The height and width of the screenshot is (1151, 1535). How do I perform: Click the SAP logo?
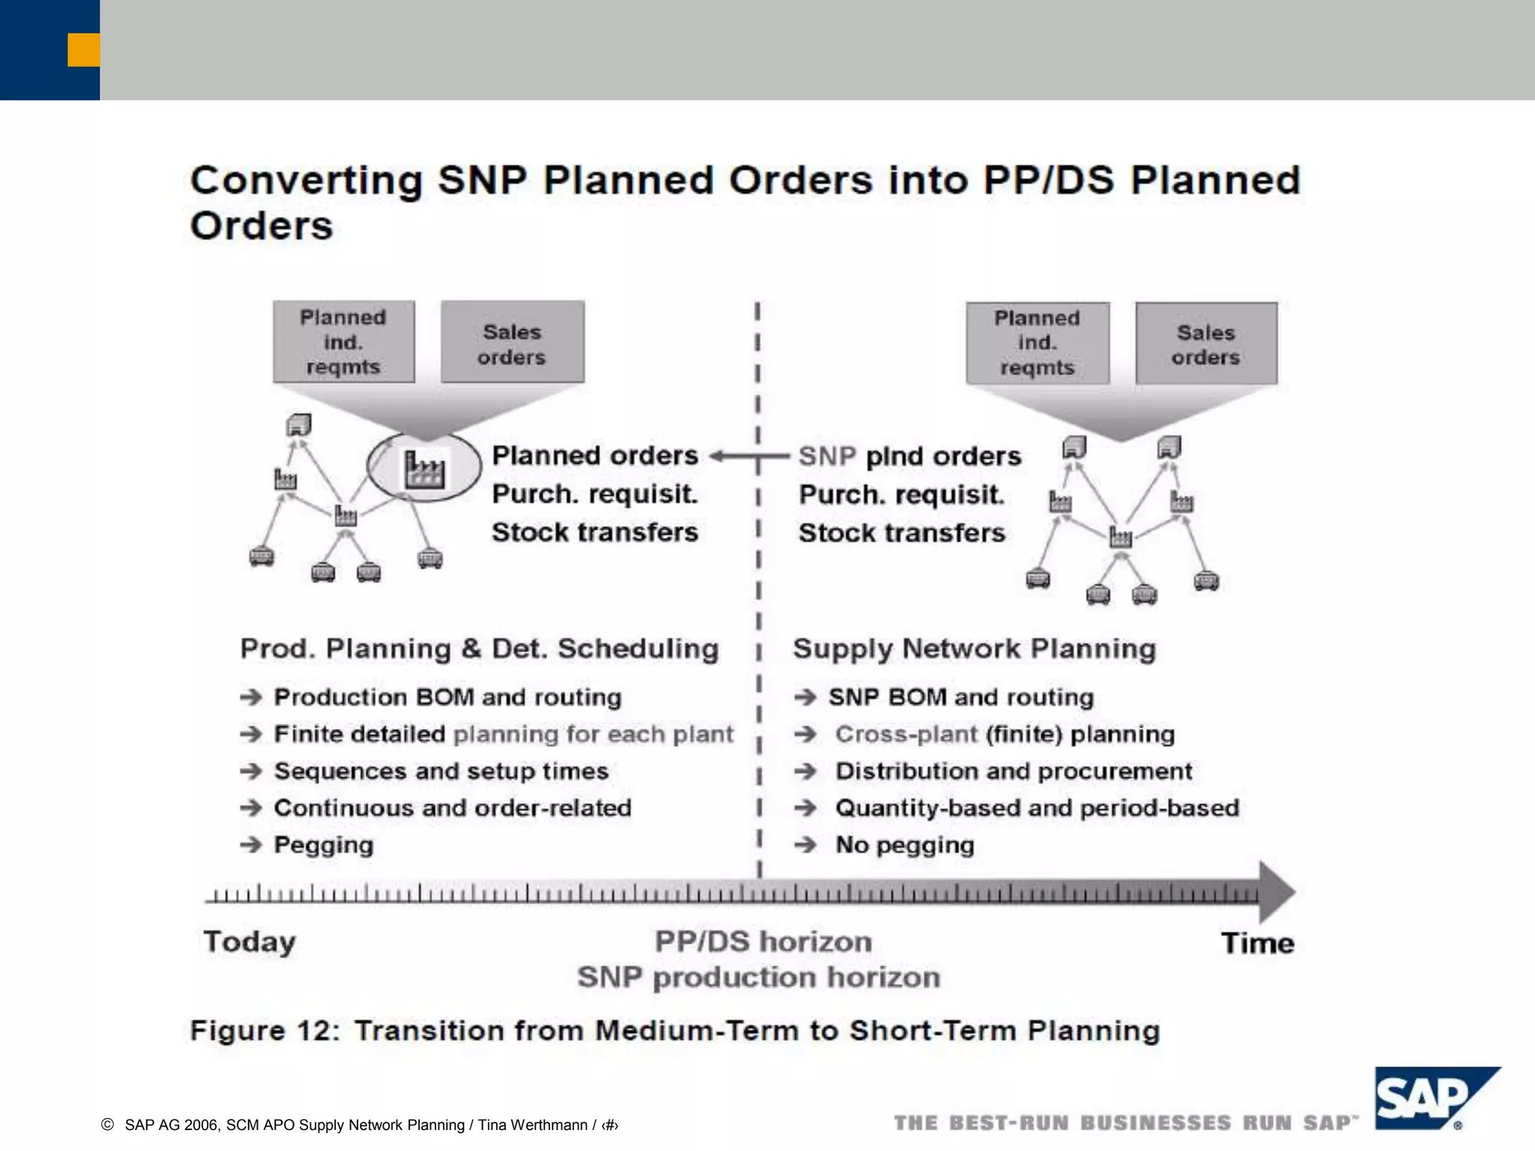(1428, 1099)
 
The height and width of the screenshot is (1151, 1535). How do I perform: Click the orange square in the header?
(83, 49)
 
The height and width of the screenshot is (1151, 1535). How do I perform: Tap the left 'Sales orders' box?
(512, 343)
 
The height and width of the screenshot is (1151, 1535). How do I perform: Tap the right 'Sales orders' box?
(1205, 344)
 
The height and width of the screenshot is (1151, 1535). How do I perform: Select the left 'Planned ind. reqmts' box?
(343, 342)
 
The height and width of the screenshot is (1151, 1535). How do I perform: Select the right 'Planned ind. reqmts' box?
(1037, 342)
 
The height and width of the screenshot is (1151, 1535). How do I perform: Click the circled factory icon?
(424, 468)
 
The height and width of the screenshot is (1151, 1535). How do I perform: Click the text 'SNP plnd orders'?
(909, 456)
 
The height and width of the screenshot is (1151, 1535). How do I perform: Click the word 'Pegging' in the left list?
(323, 845)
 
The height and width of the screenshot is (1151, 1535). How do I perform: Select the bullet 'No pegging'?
(904, 845)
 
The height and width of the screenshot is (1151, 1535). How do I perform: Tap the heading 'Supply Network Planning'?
(974, 648)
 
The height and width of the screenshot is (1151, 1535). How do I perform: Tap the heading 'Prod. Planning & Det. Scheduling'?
(479, 648)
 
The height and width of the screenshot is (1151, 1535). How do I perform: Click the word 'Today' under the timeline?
(250, 942)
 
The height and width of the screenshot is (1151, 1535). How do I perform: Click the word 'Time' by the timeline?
(1257, 943)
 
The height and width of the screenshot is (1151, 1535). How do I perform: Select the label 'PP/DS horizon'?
(763, 941)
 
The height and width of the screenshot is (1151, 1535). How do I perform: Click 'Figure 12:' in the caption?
(265, 1030)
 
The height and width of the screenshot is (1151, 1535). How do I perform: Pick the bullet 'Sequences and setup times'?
(441, 771)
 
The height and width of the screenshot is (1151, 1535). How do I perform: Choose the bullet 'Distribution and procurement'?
(1013, 771)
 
